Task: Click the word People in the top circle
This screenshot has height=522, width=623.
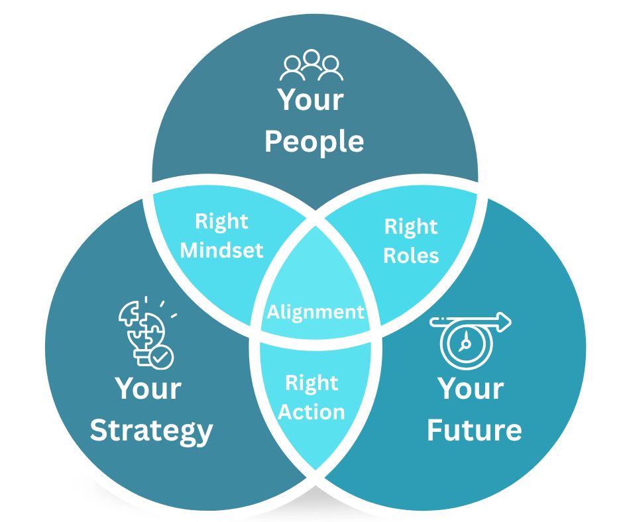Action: point(314,142)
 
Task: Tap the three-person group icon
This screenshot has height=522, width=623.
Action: point(311,66)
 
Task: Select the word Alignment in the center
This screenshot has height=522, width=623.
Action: point(315,311)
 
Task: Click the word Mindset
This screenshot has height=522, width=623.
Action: point(222,250)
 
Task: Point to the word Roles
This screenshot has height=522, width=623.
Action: point(411,255)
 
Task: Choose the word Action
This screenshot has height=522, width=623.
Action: point(311,412)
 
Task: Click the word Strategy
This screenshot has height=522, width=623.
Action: point(152,431)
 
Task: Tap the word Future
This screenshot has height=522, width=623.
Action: point(474,431)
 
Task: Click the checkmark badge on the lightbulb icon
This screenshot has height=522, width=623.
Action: point(161,358)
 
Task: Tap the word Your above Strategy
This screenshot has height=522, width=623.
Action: point(148,389)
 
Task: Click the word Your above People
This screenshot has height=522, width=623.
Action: point(311,100)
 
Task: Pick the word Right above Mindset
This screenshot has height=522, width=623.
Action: point(221,222)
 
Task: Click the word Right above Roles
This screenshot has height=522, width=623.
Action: point(411,227)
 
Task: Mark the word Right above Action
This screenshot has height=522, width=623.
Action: point(311,384)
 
